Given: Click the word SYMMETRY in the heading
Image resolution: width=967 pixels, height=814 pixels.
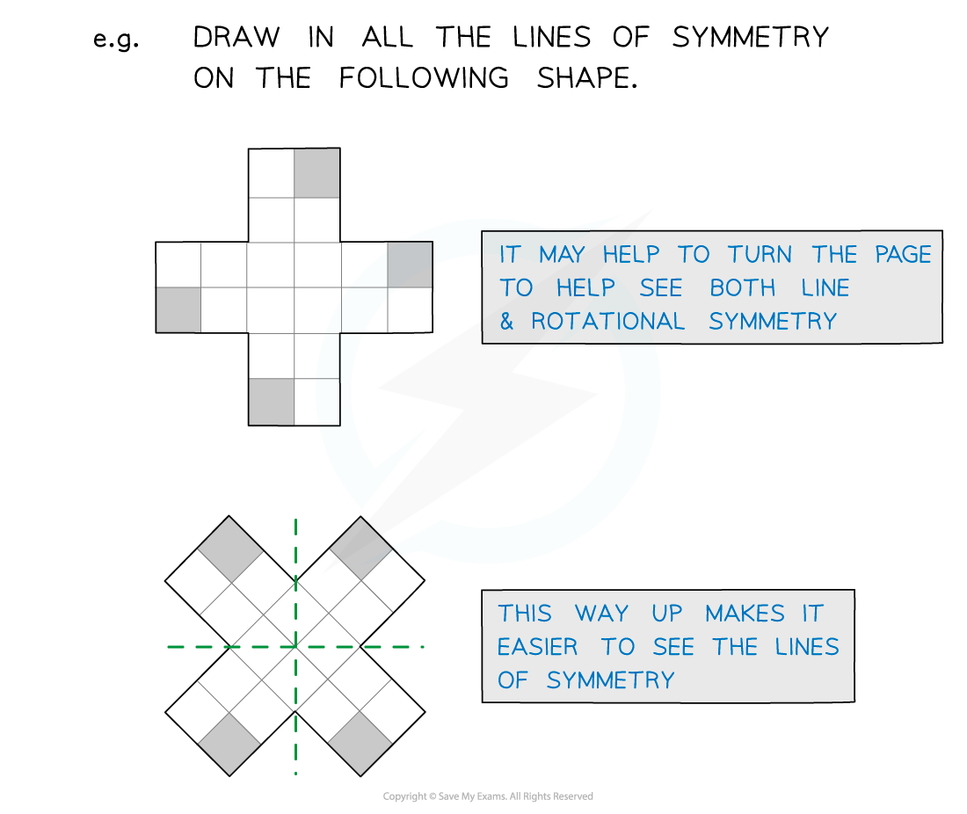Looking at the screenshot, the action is pos(750,37).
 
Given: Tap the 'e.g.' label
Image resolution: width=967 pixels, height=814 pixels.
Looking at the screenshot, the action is pos(116,40).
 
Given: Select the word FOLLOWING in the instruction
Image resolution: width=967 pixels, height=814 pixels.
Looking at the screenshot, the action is pos(424,77).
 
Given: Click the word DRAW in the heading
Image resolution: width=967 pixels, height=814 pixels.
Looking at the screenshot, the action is pos(236,37).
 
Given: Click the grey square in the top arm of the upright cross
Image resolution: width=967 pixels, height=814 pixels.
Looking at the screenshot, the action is pos(317,173).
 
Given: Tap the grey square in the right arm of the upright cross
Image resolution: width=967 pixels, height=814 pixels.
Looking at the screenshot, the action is pos(411,265).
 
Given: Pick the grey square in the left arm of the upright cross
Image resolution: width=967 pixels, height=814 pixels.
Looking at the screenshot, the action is pos(178,309).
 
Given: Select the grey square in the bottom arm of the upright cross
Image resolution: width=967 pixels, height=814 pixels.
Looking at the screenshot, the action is pos(272,402).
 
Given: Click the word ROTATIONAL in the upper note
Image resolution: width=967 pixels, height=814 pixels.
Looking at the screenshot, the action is pos(607,321).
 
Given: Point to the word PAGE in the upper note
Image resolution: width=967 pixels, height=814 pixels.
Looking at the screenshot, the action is pos(903,254).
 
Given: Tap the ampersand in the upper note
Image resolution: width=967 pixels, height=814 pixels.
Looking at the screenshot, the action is pos(506,321).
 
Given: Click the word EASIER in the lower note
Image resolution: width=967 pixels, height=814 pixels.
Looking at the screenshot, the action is pos(537,647).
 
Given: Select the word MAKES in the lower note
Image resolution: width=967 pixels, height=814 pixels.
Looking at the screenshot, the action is pos(745,614).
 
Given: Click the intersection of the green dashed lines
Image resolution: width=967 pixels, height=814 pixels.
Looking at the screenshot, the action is pos(296,647).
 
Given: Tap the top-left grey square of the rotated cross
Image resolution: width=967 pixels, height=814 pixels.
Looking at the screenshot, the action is pos(230,549).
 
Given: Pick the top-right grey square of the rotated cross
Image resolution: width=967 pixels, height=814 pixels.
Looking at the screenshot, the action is pos(360,549).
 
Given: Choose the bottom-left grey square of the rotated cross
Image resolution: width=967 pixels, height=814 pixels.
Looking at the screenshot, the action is pos(230,745).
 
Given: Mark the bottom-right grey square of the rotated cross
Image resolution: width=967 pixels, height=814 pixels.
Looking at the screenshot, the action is pos(360,744).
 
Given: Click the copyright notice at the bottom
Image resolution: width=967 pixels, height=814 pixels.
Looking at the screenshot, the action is pos(488,796).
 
